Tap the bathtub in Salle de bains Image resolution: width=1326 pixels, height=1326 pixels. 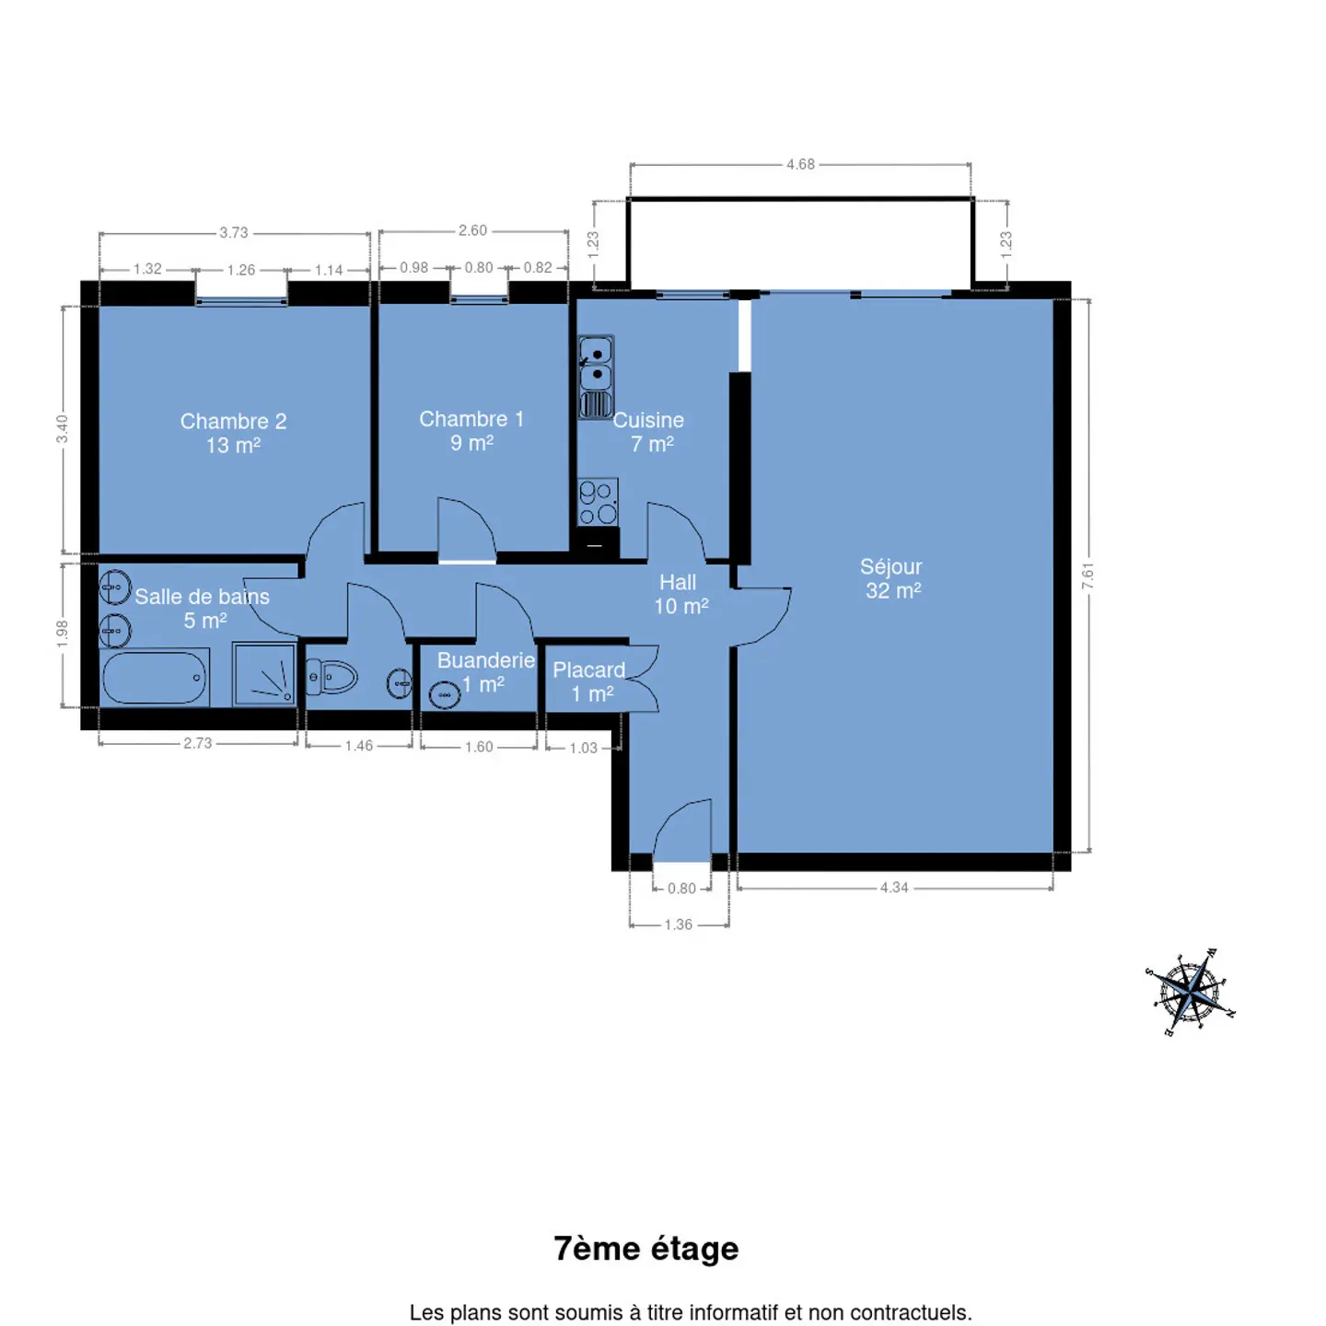point(155,677)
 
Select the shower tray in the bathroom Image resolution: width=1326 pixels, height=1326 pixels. point(263,674)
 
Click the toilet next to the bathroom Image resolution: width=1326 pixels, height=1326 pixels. point(331,677)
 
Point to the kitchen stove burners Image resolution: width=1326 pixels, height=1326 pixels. point(598,502)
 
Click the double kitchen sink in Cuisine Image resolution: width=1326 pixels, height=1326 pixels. point(596,378)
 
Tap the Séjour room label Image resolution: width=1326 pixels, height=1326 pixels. point(891,578)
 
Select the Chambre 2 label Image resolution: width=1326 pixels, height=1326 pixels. point(233,433)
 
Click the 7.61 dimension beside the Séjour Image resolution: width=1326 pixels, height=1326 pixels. point(1088,576)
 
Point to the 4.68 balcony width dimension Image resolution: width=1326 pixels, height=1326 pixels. point(800,165)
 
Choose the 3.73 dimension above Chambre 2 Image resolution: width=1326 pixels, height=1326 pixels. point(234,233)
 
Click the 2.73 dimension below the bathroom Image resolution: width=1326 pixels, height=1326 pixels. point(197,743)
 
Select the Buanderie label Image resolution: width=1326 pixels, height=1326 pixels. point(486,660)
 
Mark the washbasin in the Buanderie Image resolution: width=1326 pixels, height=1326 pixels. point(445,695)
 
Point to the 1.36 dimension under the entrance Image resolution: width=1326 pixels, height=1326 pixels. point(679,925)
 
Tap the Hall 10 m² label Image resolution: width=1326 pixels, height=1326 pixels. point(680,594)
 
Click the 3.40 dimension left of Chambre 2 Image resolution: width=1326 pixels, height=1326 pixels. point(63,429)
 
